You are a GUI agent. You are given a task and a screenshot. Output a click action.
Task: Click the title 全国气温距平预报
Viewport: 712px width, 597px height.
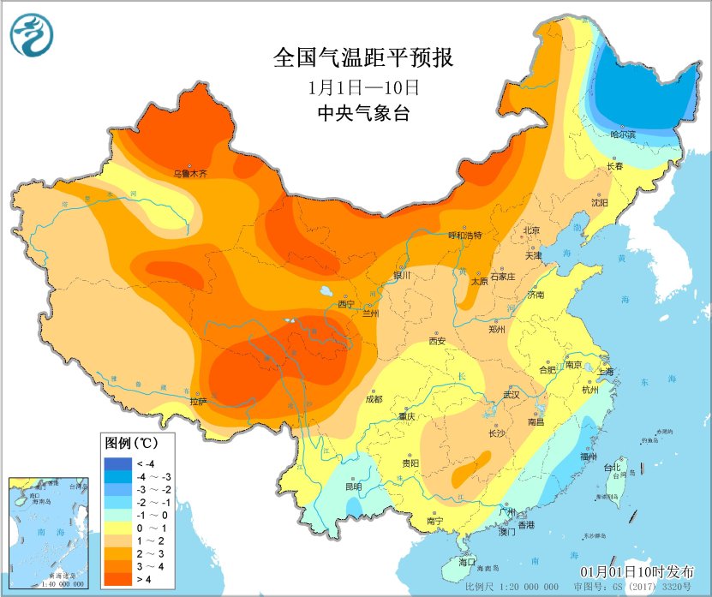click(x=363, y=58)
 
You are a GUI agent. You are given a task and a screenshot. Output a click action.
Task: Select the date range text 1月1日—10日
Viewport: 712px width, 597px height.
click(x=363, y=87)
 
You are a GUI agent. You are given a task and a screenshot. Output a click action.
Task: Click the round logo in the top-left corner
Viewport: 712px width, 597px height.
click(x=33, y=34)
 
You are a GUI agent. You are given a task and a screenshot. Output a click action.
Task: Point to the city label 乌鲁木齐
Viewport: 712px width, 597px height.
click(x=190, y=173)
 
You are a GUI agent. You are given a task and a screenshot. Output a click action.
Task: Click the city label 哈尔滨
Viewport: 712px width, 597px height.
click(x=623, y=134)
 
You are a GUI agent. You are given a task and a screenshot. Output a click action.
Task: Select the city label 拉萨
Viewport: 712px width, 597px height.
click(x=198, y=400)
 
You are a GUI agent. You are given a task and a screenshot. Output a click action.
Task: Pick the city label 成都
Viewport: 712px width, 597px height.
click(x=374, y=398)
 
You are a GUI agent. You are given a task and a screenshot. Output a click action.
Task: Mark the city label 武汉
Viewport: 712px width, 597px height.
click(x=512, y=395)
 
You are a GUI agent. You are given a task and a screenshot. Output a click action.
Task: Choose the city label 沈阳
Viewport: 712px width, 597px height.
click(x=599, y=202)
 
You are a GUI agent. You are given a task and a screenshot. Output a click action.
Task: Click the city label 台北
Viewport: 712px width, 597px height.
click(x=612, y=468)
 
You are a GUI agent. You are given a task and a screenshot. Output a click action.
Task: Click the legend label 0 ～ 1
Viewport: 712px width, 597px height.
click(x=151, y=528)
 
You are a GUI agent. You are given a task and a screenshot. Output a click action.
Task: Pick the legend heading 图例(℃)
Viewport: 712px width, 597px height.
click(x=131, y=444)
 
